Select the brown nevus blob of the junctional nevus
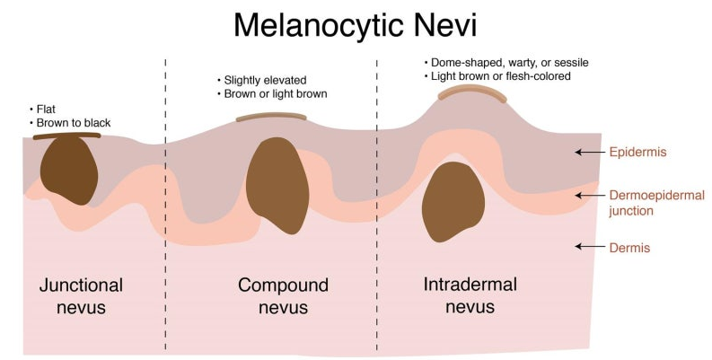[69, 171]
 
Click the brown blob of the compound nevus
[277, 185]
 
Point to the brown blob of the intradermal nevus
[453, 202]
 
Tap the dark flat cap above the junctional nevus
[66, 136]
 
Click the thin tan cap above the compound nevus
[271, 117]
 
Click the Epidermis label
[638, 152]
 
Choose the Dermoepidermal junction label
[656, 203]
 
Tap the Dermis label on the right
[629, 248]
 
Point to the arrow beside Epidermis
[589, 152]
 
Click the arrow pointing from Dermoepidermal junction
[589, 195]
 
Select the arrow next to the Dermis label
[589, 247]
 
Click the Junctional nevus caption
[82, 296]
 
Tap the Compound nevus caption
[283, 296]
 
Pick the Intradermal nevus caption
[470, 295]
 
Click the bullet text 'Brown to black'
[74, 123]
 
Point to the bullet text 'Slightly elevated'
[265, 81]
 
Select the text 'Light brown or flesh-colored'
[500, 76]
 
